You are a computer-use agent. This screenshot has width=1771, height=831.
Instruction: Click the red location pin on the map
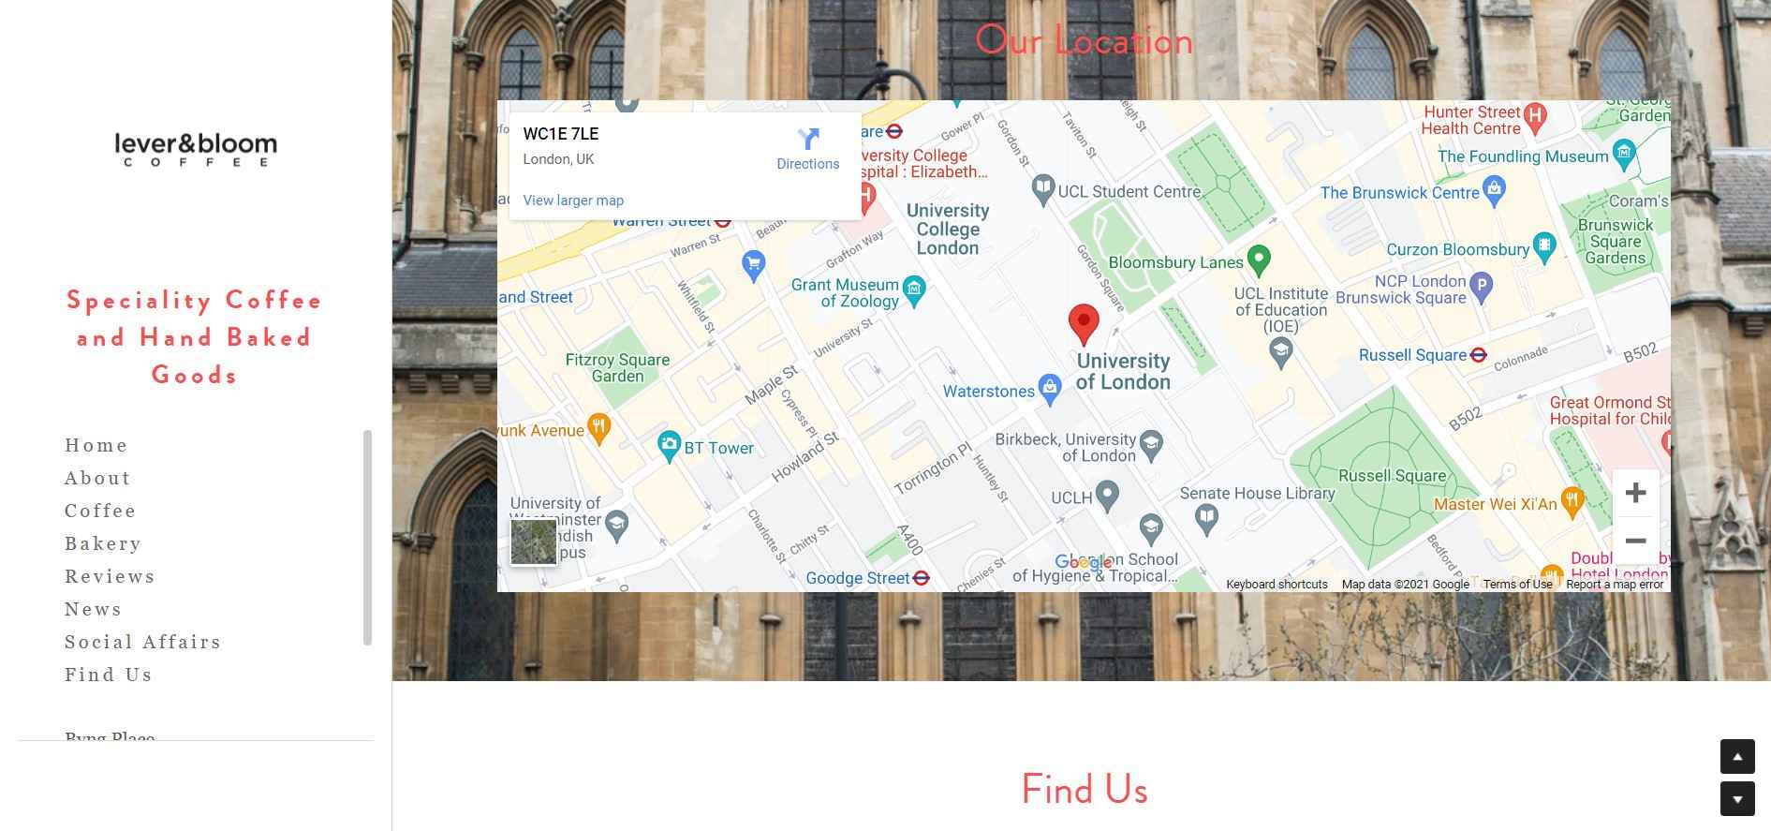pos(1084,322)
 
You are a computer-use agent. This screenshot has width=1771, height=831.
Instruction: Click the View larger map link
pos(573,200)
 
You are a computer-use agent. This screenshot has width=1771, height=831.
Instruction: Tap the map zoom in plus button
pos(1635,493)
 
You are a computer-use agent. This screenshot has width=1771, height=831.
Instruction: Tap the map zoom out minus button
pos(1635,541)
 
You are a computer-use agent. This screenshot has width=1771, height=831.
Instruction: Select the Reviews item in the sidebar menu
pos(110,576)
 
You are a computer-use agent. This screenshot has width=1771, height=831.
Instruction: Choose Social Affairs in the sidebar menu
pos(142,642)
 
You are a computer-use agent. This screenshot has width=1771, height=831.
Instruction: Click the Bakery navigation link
pos(103,543)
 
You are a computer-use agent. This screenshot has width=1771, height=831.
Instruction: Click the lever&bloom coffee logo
pos(196,149)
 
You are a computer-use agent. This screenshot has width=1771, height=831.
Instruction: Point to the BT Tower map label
pos(717,448)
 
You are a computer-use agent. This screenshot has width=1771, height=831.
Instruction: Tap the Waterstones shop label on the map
pos(989,392)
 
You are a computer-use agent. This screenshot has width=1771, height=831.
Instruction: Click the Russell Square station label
pos(1412,355)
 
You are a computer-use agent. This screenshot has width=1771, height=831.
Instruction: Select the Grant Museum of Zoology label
pos(845,292)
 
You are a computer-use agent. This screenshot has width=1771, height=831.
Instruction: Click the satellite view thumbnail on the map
pos(534,542)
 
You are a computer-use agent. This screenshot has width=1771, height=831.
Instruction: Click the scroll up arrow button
pos(1736,756)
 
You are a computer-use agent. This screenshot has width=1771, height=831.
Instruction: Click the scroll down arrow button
pos(1736,799)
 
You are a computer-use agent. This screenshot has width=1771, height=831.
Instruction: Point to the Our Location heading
pos(1084,40)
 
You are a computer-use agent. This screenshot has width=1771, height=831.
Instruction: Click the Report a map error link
pos(1615,585)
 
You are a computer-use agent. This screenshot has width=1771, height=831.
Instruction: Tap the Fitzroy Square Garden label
pos(617,367)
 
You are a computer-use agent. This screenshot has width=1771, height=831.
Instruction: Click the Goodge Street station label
pos(858,578)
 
